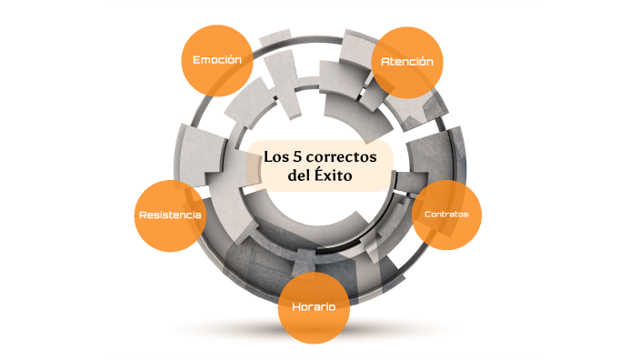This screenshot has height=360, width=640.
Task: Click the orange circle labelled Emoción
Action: pos(216,60)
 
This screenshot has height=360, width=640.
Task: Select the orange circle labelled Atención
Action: pos(409,62)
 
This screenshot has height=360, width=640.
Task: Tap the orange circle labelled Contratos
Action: pos(445,215)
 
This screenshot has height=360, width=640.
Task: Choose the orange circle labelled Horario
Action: pos(314,307)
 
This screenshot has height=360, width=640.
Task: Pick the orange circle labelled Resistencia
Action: pos(170,215)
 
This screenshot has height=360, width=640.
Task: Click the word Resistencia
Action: pos(170,215)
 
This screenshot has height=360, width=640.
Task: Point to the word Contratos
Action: pos(445,215)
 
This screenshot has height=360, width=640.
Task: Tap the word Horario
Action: pos(314,307)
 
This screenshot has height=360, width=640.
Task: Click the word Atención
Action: pos(409,62)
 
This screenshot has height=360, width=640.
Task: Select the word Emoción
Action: pos(216,60)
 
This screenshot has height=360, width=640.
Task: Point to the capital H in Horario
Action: pos(296,307)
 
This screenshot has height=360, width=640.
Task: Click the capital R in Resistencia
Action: pos(142,215)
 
